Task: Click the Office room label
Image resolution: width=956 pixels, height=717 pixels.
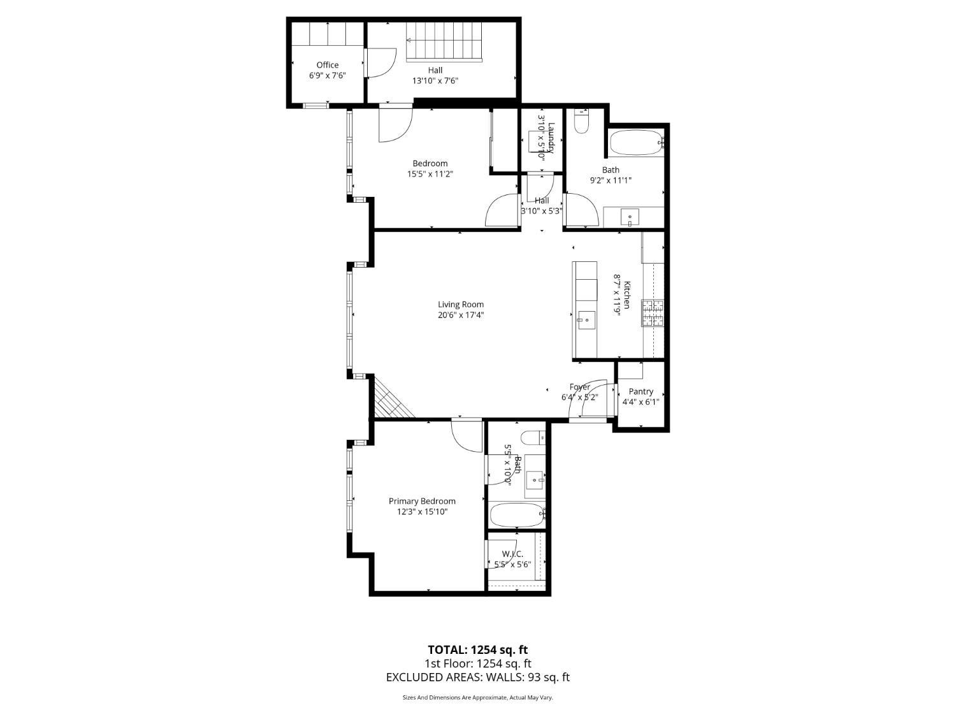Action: (328, 65)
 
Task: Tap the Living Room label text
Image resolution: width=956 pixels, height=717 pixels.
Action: (460, 305)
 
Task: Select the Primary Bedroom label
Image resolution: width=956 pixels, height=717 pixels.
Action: (422, 502)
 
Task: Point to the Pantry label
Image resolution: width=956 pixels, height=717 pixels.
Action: (641, 391)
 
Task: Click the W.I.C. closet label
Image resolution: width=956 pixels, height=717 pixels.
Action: (512, 554)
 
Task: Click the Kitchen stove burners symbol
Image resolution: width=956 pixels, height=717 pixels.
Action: (652, 313)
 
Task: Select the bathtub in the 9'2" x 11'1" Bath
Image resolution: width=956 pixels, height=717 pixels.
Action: (635, 143)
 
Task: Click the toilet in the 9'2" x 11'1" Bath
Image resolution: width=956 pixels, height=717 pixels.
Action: (581, 122)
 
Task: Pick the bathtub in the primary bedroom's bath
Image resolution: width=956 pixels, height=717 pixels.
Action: (517, 515)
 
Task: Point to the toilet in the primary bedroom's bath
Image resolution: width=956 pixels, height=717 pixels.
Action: (533, 438)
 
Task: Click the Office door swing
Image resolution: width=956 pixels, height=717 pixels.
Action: (381, 64)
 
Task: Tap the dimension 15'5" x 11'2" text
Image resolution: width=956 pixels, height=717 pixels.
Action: (430, 174)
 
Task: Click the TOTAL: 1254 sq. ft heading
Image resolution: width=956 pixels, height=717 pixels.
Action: (477, 650)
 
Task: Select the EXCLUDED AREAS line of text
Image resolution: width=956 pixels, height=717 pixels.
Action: (477, 677)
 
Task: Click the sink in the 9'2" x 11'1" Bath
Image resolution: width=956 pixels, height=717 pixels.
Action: (630, 218)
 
